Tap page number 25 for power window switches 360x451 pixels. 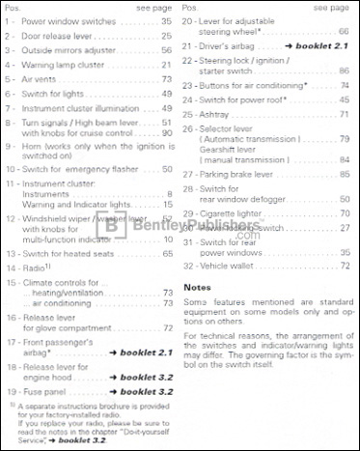(x=166, y=20)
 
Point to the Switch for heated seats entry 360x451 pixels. (x=77, y=253)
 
